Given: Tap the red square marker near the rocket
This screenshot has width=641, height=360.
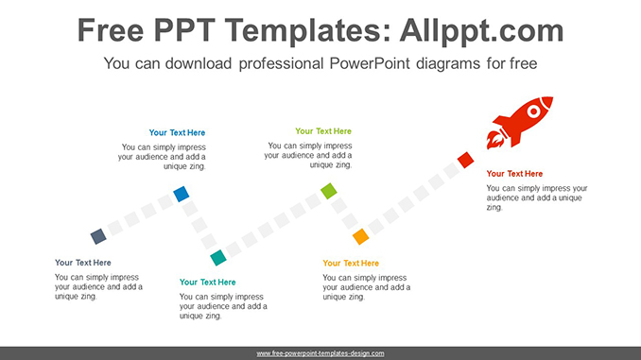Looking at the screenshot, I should (465, 161).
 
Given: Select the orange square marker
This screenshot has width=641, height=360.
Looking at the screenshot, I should (360, 236).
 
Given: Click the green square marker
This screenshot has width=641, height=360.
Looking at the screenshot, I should (328, 192).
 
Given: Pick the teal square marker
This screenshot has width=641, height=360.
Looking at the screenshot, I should (218, 257).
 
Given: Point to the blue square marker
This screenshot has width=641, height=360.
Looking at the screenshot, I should (181, 195).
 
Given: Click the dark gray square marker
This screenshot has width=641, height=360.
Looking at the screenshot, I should (97, 236).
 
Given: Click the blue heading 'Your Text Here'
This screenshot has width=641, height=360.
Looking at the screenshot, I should (177, 133).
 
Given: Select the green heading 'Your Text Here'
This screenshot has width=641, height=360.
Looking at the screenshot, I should (323, 131).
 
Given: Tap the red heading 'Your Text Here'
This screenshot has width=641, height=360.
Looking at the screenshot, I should (514, 174).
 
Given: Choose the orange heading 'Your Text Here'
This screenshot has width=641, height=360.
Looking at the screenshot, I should (351, 264).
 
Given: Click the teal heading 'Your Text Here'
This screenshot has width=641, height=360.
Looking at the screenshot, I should (208, 283).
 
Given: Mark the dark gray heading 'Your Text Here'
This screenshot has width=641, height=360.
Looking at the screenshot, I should (83, 263).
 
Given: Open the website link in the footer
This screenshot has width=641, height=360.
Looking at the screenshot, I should (320, 353).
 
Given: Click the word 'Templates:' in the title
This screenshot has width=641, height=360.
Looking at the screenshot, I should (293, 31).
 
